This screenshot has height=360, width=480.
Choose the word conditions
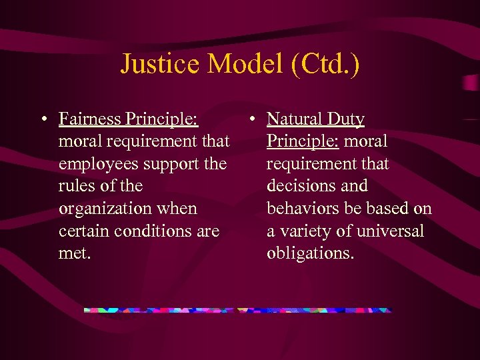155,231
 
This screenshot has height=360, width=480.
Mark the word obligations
310,253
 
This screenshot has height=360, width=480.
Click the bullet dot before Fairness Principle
43,120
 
